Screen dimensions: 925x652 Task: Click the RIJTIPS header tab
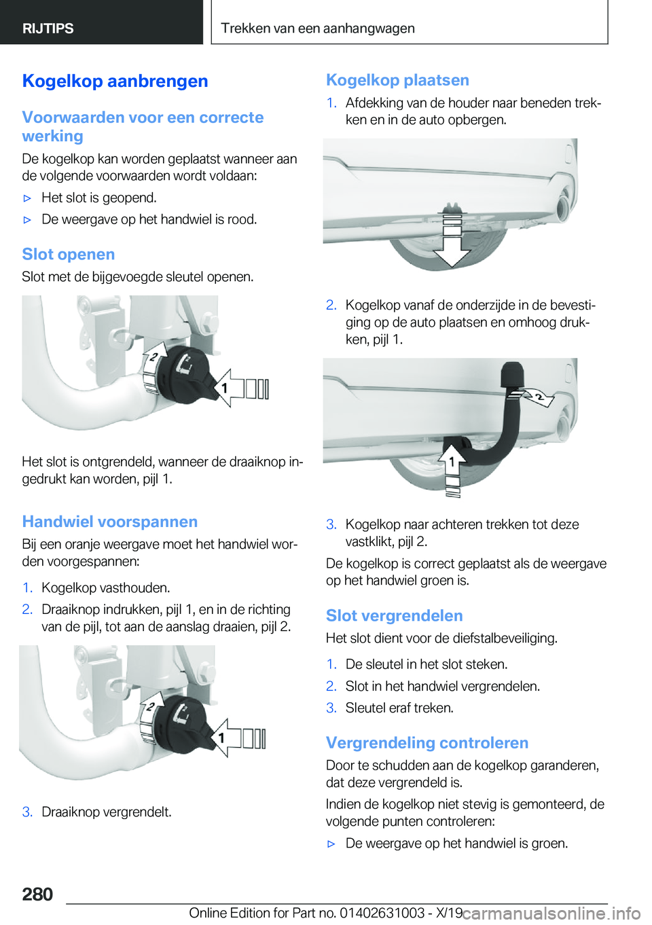48,29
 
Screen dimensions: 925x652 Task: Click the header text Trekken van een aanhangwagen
317,29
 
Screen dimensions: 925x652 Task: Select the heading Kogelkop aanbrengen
115,81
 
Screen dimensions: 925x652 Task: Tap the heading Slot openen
68,255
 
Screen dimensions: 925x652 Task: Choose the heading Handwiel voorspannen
109,522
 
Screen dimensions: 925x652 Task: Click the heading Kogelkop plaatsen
397,80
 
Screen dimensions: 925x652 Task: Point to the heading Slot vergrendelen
394,616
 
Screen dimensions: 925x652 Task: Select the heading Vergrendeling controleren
427,743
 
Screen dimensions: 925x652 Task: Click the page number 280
37,894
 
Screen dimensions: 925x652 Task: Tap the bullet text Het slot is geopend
99,198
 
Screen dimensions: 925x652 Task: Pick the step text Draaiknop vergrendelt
106,812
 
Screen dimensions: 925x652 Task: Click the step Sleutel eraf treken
399,708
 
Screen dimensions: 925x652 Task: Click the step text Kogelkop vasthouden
105,588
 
